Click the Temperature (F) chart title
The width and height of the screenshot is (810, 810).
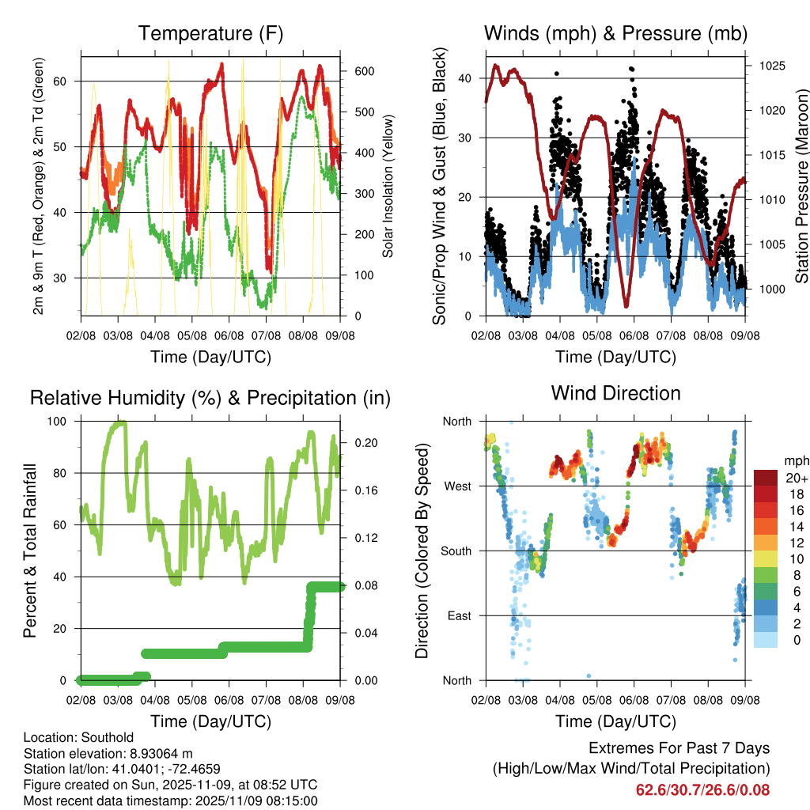coord(210,33)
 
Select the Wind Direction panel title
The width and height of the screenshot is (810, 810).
coord(615,393)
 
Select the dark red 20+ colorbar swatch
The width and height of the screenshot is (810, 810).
coord(766,478)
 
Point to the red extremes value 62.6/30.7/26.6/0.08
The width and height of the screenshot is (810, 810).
coord(702,789)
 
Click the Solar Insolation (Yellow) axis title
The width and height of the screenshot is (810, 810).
coord(388,186)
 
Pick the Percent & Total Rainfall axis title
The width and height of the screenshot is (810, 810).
coord(30,551)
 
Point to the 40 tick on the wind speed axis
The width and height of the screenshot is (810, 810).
coord(466,78)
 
